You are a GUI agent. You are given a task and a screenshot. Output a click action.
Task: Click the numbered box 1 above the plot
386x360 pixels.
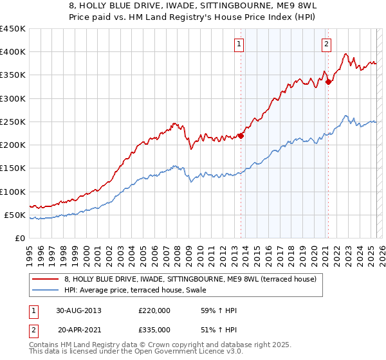pos(239,44)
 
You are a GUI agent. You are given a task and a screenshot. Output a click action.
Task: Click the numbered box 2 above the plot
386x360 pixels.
pos(327,44)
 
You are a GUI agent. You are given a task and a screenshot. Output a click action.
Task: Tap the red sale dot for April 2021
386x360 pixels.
pos(328,82)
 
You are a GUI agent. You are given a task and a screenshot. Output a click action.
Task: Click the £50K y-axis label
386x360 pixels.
pos(15,215)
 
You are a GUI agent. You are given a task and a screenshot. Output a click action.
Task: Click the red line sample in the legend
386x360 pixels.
pos(46,280)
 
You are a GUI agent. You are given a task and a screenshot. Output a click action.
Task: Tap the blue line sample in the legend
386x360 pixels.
pos(46,291)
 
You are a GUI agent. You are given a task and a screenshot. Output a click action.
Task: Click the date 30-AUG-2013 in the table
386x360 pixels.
pos(78,310)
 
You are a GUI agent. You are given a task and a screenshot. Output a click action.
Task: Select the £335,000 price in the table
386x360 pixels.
pos(154,329)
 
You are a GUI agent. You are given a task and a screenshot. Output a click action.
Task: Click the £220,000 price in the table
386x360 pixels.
pos(154,310)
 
